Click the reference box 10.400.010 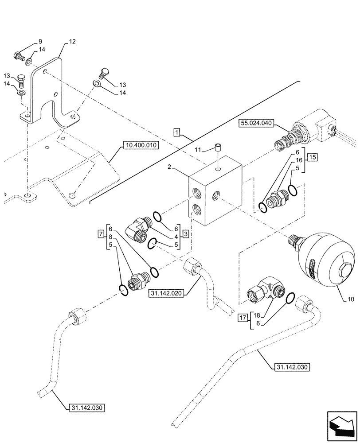tap(140, 145)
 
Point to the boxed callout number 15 tap(313, 157)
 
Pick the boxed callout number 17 tap(242, 318)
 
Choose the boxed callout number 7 tap(102, 233)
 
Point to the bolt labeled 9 tap(18, 57)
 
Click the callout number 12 tap(72, 42)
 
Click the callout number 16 tap(298, 160)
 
